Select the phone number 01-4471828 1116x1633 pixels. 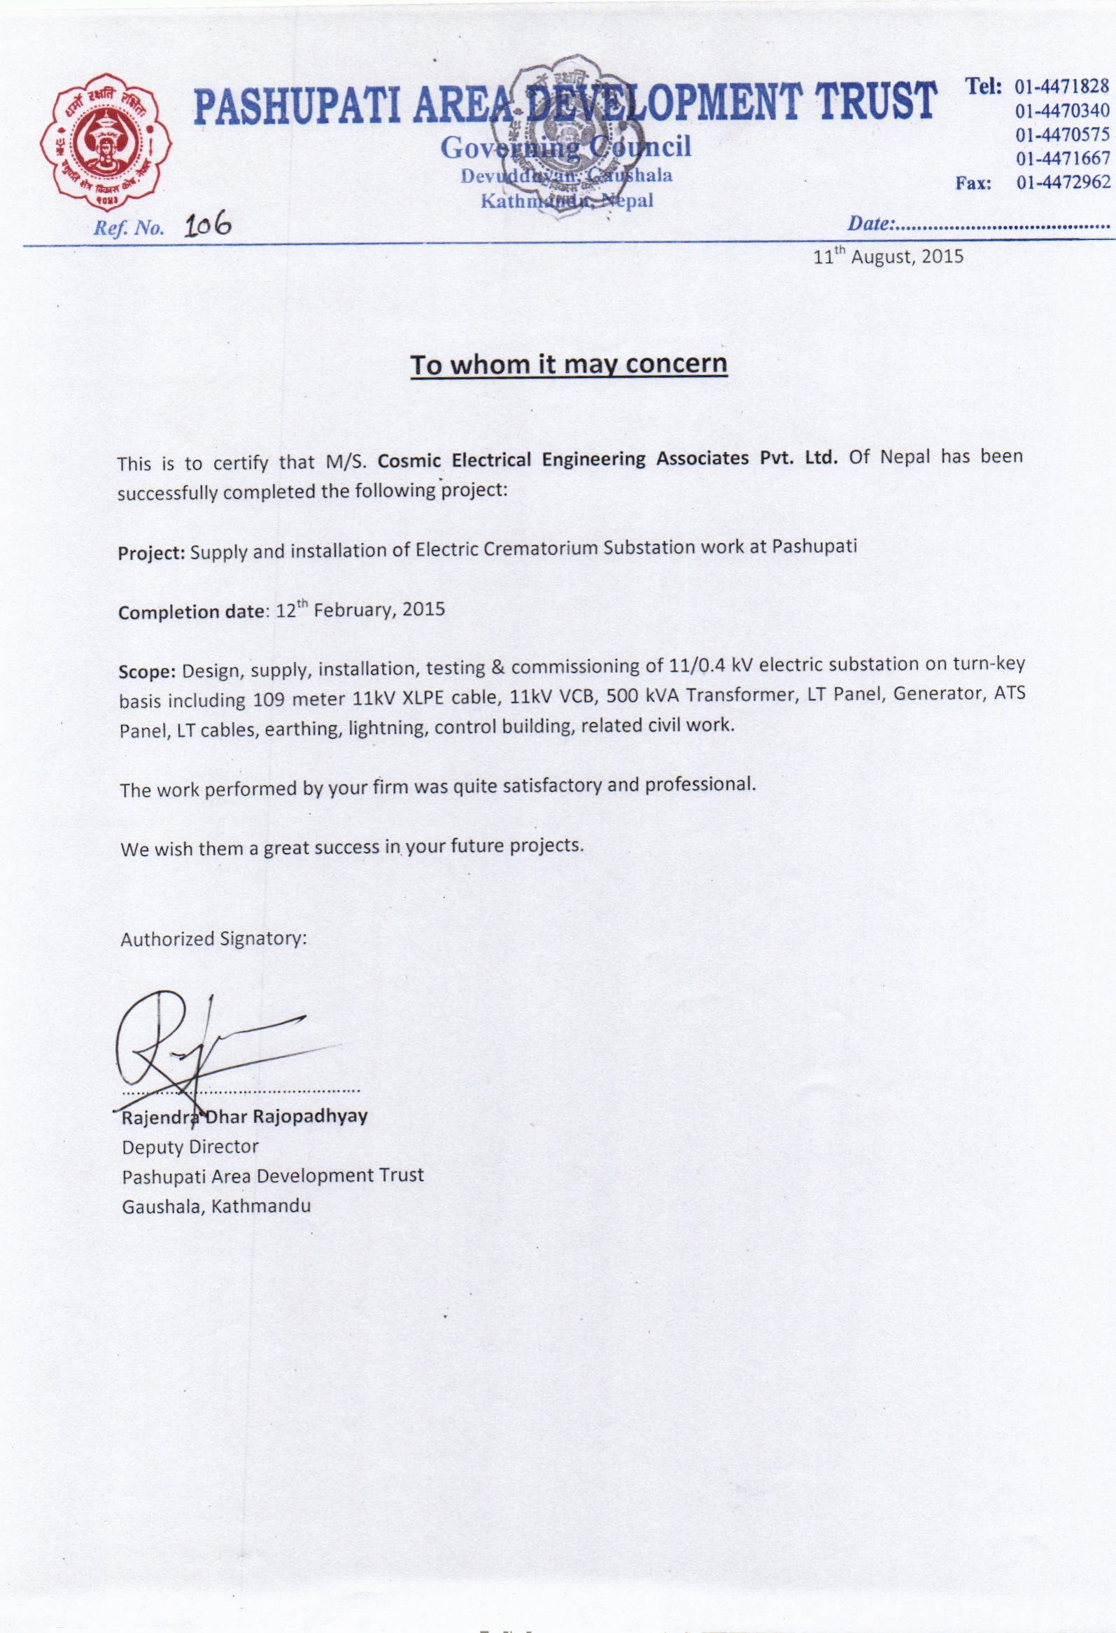tap(1062, 87)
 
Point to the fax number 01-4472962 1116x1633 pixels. tap(1063, 183)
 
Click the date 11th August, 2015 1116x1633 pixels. tap(888, 257)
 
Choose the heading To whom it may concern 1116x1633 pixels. tap(569, 365)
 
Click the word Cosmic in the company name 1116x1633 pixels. tap(409, 461)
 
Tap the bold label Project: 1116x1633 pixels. tap(151, 553)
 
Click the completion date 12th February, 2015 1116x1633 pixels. tap(360, 609)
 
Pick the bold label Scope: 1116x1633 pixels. tap(146, 671)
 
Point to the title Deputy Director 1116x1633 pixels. tap(190, 1147)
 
